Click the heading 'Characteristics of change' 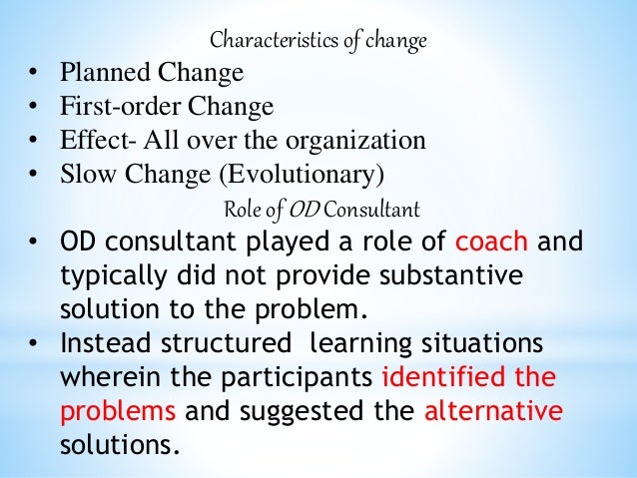[318, 41]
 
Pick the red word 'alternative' [493, 411]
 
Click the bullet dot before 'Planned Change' [32, 74]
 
